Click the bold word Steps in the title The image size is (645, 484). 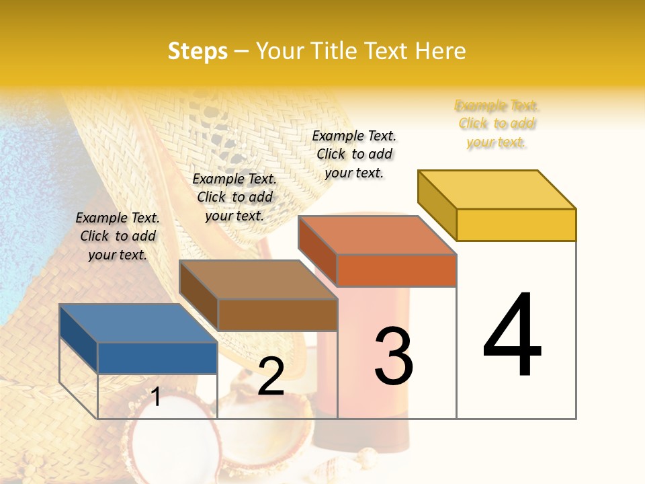[198, 51]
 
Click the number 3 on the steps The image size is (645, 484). [393, 356]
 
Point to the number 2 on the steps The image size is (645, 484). [271, 376]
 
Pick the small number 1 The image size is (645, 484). [156, 397]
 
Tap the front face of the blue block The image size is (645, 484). [157, 358]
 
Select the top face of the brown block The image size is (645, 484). [258, 279]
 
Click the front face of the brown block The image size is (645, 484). [277, 315]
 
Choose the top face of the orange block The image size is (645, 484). [377, 235]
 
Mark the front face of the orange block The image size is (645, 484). [396, 270]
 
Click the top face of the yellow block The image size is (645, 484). [497, 189]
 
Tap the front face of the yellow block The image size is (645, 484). [516, 225]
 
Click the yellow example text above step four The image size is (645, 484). [497, 124]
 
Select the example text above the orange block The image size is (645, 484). [354, 154]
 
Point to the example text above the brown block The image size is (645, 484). [234, 197]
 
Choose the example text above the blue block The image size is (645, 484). [118, 236]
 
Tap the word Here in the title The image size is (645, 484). [440, 51]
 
